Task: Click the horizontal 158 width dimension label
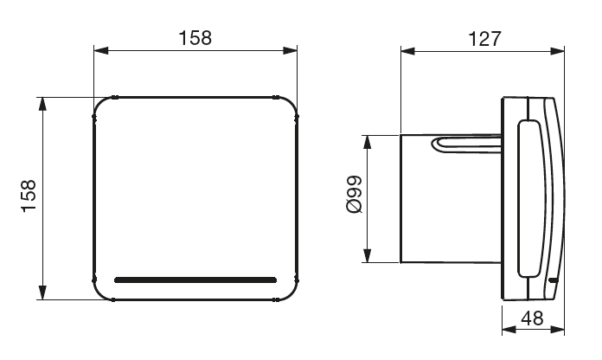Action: click(195, 38)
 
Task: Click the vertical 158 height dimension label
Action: click(29, 196)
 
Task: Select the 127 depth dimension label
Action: click(484, 38)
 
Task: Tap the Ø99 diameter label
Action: click(354, 194)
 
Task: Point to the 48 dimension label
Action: click(532, 318)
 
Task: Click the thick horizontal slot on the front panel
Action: click(195, 280)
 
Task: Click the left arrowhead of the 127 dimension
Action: click(407, 51)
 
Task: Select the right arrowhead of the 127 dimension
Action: click(558, 51)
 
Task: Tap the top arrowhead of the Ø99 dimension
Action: click(368, 142)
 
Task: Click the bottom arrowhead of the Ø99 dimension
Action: click(368, 256)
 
